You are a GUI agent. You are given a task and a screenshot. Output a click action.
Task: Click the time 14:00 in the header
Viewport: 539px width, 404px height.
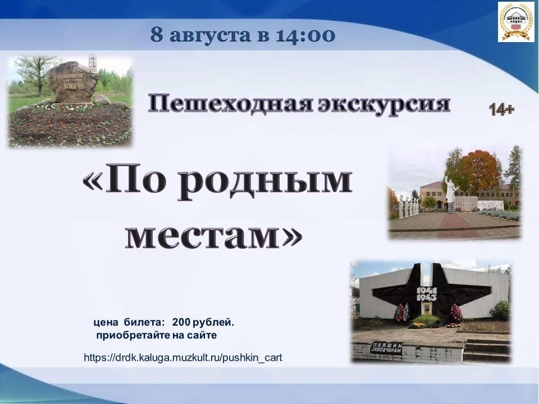[x=305, y=35]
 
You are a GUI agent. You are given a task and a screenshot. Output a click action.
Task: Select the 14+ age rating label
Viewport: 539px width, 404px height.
[x=501, y=109]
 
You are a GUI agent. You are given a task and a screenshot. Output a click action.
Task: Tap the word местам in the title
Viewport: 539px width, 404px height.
[x=203, y=237]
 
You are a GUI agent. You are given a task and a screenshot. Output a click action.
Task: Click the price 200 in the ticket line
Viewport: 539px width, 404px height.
[x=181, y=323]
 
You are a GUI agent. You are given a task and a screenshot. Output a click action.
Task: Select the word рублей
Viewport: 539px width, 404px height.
[x=213, y=323]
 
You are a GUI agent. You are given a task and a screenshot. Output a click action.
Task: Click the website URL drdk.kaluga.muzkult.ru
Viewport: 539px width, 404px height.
[x=183, y=357]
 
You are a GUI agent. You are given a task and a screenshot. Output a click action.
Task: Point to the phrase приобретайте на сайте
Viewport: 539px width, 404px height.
[x=157, y=336]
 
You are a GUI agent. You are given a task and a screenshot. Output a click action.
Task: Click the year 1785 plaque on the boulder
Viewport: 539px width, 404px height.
[x=70, y=85]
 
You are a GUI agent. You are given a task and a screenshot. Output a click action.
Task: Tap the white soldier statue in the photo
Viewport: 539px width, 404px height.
[x=450, y=192]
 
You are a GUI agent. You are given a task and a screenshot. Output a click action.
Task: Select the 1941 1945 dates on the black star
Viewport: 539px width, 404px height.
[x=427, y=293]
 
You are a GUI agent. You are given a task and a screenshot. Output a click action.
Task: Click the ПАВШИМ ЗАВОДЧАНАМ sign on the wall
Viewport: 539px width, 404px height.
[x=386, y=348]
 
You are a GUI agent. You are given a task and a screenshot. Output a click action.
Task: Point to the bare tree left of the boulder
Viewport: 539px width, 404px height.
[x=36, y=73]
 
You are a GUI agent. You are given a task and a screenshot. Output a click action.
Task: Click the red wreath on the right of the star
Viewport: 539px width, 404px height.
[x=456, y=313]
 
